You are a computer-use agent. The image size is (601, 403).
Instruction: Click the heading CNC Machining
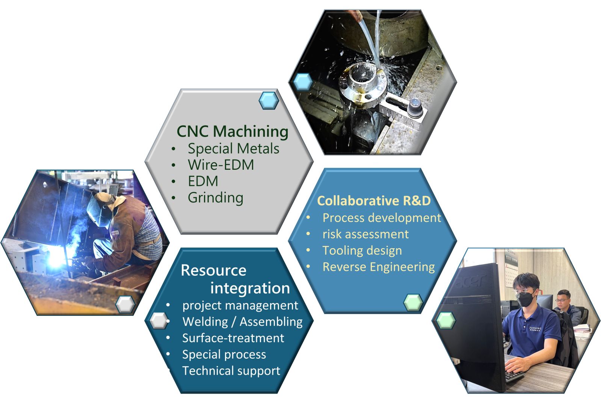[x=233, y=131]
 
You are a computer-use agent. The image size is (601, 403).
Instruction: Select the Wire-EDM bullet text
[x=221, y=165]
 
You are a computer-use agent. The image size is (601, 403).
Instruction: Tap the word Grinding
[x=216, y=198]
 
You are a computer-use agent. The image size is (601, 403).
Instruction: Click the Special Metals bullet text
[x=233, y=148]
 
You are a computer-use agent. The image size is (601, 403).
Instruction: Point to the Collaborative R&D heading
[x=374, y=201]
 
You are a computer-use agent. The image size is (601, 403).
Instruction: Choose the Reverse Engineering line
[x=379, y=267]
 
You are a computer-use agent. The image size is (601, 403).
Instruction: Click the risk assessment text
[x=365, y=234]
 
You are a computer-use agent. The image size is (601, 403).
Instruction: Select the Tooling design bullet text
[x=362, y=251]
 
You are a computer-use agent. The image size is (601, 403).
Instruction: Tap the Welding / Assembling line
[x=243, y=322]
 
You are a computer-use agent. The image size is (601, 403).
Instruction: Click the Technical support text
[x=231, y=371]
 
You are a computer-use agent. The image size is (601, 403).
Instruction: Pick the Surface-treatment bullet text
[x=233, y=338]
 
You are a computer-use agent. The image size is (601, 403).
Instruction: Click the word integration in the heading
[x=250, y=288]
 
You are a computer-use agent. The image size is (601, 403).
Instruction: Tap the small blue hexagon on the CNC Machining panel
[x=269, y=101]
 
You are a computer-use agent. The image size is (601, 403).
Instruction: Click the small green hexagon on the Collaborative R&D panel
[x=413, y=302]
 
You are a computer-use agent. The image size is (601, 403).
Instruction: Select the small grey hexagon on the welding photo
[x=125, y=304]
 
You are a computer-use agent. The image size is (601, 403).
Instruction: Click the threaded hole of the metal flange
[x=363, y=72]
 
